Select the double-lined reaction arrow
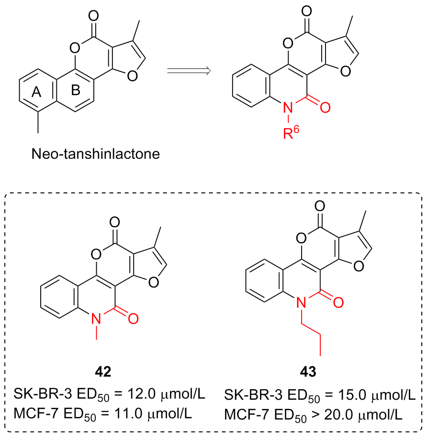click(x=189, y=71)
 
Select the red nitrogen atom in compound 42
click(x=96, y=318)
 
